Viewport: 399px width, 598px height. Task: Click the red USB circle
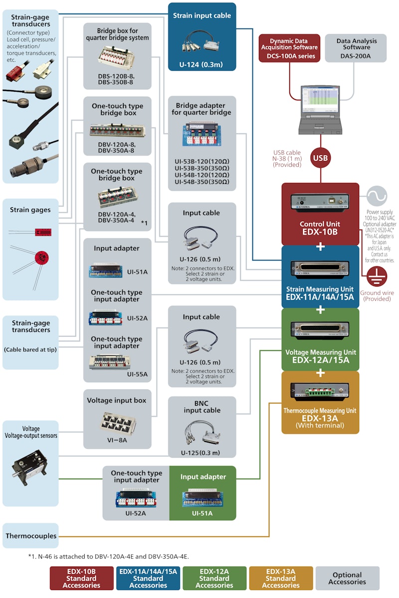coord(320,159)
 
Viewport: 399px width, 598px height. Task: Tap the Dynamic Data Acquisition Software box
coord(289,48)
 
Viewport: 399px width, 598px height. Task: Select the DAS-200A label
coord(356,56)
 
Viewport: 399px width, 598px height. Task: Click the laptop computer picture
coord(320,107)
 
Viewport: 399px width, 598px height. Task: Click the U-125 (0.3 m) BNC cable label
coord(201,453)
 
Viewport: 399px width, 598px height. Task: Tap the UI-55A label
coord(137,374)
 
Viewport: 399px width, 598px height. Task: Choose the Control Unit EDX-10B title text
coord(320,228)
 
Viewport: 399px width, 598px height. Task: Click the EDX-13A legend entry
coord(281,578)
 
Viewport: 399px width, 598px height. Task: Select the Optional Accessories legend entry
coord(348,578)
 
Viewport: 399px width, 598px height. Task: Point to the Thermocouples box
coord(31,536)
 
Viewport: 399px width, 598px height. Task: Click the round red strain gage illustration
coord(41,258)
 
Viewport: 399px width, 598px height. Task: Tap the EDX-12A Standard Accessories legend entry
coord(214,578)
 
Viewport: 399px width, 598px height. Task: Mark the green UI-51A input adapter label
coord(202,513)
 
